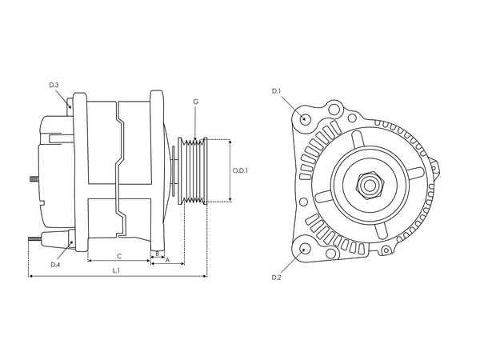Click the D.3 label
[54, 85]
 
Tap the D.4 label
[55, 264]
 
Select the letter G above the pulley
[195, 102]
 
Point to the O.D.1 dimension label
[240, 170]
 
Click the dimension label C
[119, 256]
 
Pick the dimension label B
[158, 254]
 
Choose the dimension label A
[167, 260]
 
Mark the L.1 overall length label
[117, 271]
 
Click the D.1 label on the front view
[276, 91]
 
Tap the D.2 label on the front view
[276, 277]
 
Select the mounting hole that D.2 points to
[305, 249]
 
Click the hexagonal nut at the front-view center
[371, 185]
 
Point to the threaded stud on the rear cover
[34, 178]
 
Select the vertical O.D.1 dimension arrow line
[230, 170]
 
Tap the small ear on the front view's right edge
[435, 170]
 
